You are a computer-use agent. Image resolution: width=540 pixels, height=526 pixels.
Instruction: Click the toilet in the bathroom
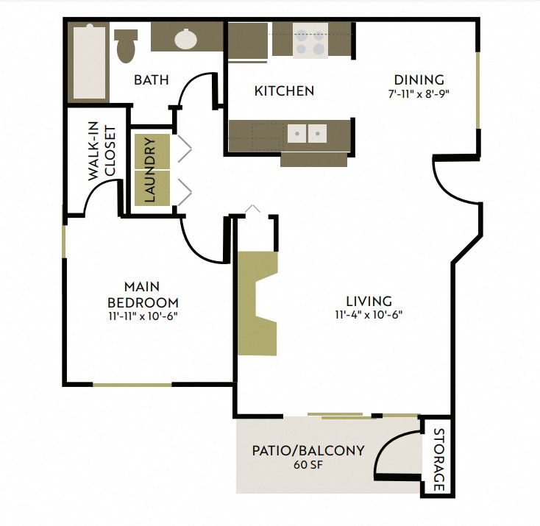(127, 45)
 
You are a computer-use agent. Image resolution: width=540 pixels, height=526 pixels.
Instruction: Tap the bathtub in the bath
(88, 63)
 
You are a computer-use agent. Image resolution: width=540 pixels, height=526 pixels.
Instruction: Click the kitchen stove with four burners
(309, 40)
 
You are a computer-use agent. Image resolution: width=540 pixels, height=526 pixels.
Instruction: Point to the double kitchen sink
(307, 133)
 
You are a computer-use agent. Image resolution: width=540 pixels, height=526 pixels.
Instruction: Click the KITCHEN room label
(284, 91)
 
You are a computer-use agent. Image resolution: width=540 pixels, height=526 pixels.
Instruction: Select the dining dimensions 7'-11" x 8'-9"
(419, 93)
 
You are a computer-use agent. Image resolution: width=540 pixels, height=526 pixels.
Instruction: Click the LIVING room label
(369, 301)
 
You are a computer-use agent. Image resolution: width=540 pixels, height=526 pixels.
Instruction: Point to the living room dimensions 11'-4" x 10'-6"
(369, 314)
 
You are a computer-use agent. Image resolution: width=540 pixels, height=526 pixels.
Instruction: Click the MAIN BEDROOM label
(143, 294)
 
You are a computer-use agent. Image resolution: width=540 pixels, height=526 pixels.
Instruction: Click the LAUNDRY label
(150, 170)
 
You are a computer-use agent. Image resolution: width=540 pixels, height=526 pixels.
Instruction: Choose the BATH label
(151, 79)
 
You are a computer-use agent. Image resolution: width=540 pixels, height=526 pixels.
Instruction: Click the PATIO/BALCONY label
(308, 450)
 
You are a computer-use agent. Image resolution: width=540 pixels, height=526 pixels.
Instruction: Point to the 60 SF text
(308, 465)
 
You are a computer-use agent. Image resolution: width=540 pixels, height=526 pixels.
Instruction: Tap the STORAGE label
(439, 459)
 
